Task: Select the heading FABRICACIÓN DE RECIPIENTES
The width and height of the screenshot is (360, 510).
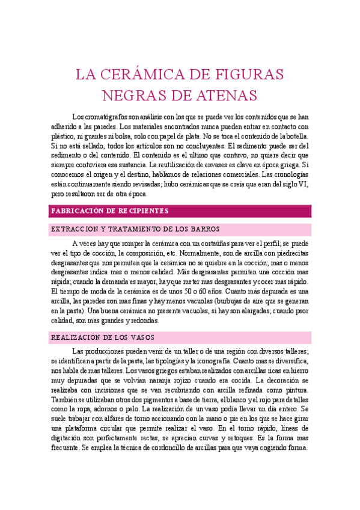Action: coord(110,211)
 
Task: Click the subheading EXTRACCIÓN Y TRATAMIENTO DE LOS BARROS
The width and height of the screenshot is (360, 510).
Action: coord(136,230)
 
